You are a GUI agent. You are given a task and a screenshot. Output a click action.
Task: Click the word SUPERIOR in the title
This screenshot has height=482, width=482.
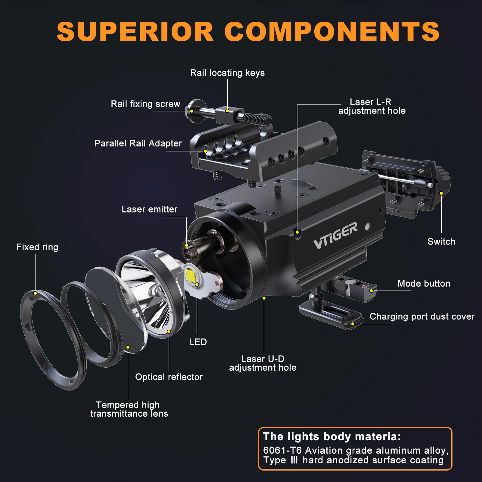135,32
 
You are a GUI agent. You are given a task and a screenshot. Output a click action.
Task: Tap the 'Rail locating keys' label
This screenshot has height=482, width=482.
227,73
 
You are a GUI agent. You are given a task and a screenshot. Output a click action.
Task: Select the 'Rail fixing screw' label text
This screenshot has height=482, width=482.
145,104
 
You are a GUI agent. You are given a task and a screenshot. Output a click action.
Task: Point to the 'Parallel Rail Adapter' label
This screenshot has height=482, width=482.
138,143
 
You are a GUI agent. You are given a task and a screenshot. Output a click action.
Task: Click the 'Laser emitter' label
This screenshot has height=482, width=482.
149,209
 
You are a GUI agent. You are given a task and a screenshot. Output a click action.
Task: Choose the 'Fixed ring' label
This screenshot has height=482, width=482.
37,247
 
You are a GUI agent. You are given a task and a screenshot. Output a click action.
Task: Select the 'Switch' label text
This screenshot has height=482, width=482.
441,241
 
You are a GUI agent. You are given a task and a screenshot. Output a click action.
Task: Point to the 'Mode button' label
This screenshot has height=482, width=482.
424,284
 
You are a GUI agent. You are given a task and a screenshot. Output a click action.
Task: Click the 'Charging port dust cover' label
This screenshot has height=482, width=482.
422,316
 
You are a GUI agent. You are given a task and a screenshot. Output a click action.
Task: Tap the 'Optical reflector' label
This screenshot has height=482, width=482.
169,377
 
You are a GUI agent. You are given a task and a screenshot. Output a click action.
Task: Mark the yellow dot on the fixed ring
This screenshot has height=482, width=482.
35,293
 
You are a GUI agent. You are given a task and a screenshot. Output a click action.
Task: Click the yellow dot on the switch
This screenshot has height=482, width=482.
441,193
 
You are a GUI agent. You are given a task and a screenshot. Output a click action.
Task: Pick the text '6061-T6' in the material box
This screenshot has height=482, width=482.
282,450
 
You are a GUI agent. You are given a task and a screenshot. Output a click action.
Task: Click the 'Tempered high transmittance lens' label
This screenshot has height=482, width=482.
129,409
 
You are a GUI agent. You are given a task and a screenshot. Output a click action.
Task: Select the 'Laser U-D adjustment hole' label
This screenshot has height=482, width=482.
263,363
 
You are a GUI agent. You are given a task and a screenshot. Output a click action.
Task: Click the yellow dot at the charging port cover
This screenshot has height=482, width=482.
353,324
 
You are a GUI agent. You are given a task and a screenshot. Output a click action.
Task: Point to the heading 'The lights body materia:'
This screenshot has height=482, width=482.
332,437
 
